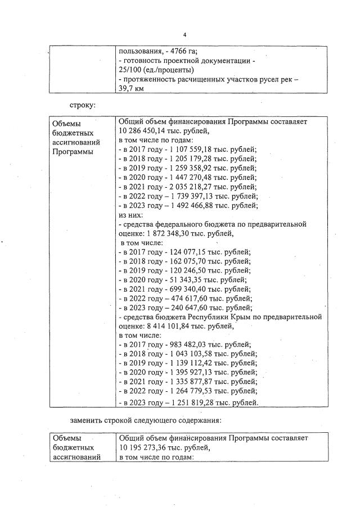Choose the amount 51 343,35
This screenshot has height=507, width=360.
[188, 280]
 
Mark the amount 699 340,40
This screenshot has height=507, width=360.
[191, 289]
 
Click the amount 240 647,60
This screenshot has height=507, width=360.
[191, 309]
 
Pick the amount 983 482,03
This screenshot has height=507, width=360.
[191, 345]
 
